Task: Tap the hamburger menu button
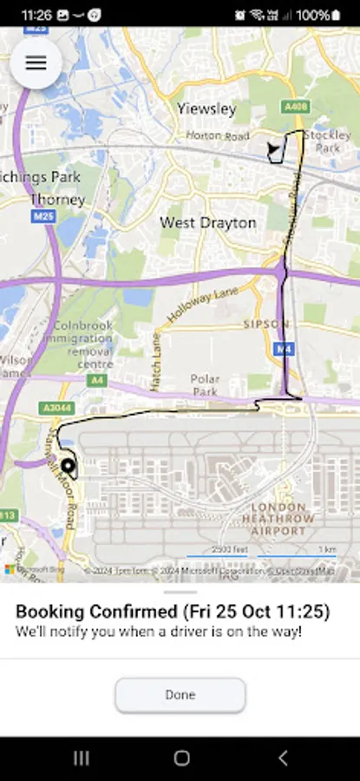(x=36, y=62)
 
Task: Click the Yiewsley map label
(x=206, y=109)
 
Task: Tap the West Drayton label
(x=207, y=223)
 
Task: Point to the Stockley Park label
(x=328, y=141)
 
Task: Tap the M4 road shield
(x=283, y=348)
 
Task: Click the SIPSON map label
(x=266, y=325)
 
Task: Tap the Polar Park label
(x=206, y=386)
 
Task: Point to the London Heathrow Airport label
(x=278, y=518)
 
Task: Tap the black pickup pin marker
(x=68, y=467)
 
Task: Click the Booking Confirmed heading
(x=173, y=612)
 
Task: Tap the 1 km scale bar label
(x=326, y=549)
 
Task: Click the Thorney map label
(x=57, y=200)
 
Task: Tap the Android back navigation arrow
(x=282, y=758)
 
